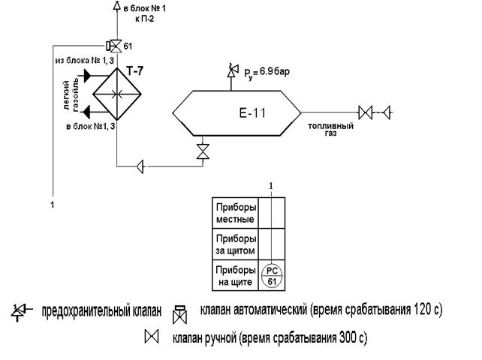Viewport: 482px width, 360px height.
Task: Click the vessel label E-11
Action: coord(253,114)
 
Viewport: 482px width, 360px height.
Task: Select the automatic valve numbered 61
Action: coord(115,45)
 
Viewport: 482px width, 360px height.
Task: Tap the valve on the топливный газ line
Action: coord(366,113)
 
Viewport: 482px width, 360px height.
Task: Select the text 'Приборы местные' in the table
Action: coord(236,213)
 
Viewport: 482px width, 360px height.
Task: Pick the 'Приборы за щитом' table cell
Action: coord(236,244)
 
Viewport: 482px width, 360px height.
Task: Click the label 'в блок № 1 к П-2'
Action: coord(140,13)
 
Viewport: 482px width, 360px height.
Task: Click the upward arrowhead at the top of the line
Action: coord(115,6)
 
